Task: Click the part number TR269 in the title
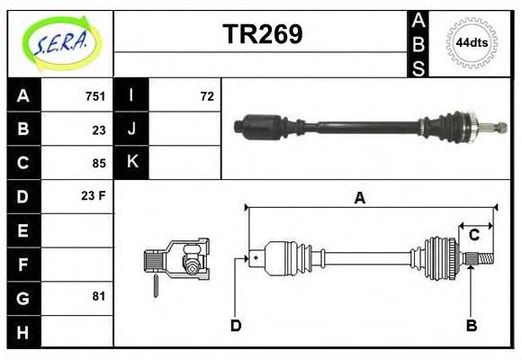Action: point(262,33)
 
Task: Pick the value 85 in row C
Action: point(99,164)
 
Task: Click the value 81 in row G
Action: point(99,296)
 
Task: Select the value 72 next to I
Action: point(206,96)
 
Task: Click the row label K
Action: point(132,163)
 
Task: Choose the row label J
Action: point(132,130)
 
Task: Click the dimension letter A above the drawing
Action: point(359,199)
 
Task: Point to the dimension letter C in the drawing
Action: point(473,236)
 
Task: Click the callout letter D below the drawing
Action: point(236,326)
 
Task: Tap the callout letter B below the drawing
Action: point(471,326)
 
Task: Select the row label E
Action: point(23,230)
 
